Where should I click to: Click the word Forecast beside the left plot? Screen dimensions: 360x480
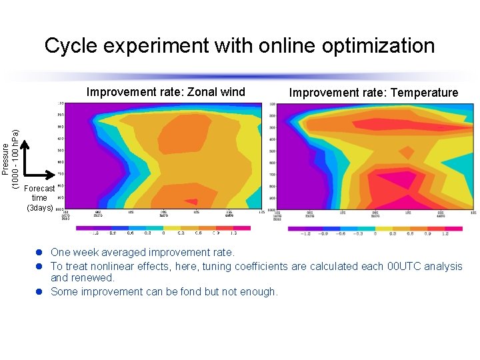(39, 189)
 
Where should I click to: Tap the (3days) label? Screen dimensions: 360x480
(39, 207)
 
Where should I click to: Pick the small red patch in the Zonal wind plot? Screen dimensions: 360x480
(191, 201)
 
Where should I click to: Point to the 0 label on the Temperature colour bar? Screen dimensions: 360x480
(375, 235)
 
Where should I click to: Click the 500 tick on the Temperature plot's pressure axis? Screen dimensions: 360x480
(272, 151)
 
